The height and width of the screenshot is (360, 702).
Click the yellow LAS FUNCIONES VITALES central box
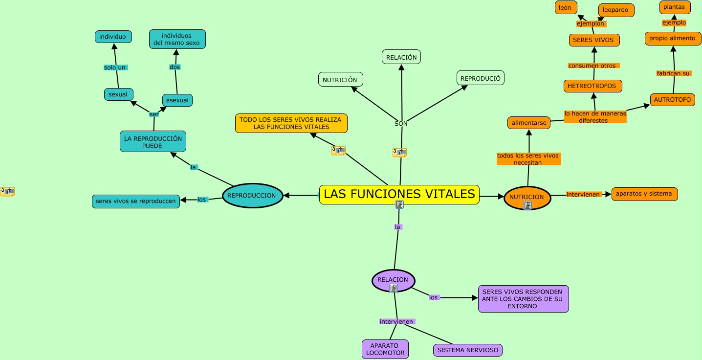tap(399, 194)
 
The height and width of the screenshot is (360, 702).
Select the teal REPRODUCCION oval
tap(253, 196)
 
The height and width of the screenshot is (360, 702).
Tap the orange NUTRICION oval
tap(527, 198)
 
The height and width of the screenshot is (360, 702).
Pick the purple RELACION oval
tap(393, 280)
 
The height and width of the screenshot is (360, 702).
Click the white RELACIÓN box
tap(401, 57)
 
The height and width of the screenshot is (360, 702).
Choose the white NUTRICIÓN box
tap(340, 80)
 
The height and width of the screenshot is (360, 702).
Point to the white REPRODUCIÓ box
tap(481, 78)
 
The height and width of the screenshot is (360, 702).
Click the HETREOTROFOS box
tap(592, 86)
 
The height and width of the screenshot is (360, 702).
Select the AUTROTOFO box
tap(673, 100)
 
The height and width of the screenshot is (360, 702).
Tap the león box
tap(566, 7)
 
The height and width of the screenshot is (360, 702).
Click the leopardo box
tap(616, 10)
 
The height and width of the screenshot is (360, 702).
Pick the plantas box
tap(675, 7)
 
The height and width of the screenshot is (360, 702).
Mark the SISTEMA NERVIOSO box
tap(468, 350)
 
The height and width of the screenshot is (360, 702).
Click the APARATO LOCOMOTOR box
tap(385, 349)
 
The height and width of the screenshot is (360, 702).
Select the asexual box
tap(177, 100)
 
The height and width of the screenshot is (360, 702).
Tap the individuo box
tap(113, 37)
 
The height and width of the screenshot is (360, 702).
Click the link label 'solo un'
tap(115, 67)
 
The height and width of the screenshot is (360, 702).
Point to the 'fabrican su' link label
tap(674, 73)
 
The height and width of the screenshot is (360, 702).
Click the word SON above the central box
tap(401, 124)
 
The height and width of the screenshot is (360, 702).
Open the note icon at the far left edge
tap(7, 191)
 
